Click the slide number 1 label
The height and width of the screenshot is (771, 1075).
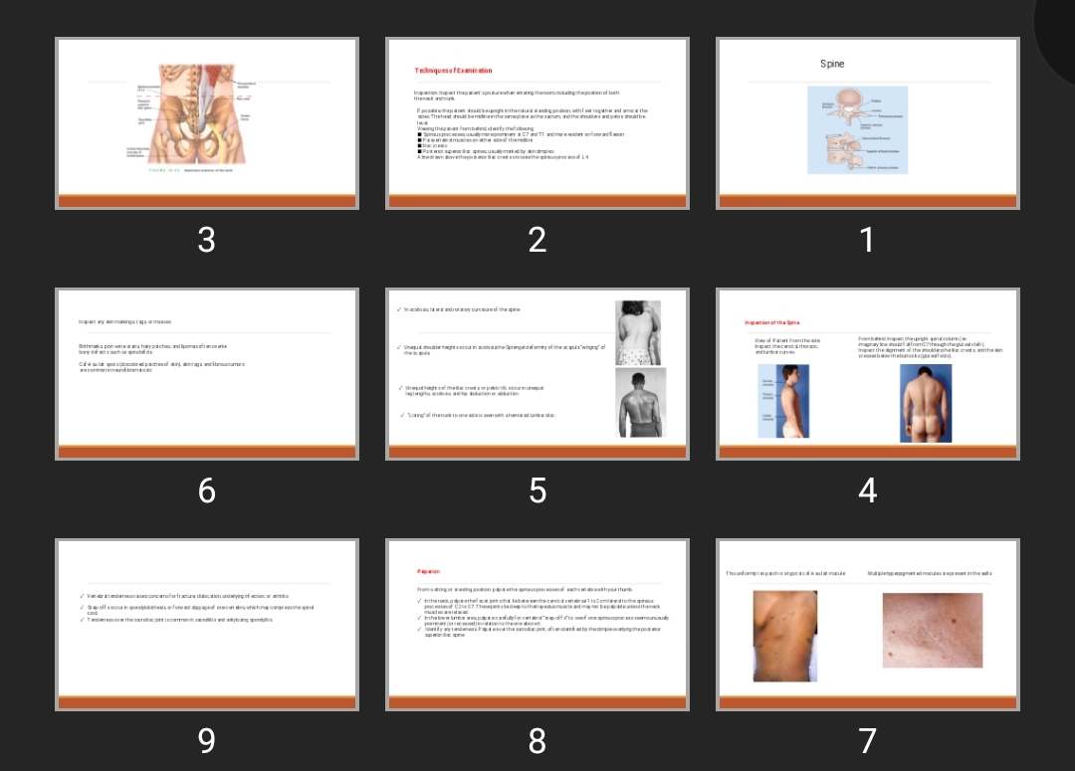click(x=867, y=240)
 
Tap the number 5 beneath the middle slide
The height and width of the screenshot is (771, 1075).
click(x=537, y=490)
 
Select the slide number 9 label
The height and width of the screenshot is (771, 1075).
click(x=206, y=741)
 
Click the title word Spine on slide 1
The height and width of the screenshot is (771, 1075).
click(x=832, y=64)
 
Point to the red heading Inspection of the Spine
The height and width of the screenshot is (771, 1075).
click(x=772, y=322)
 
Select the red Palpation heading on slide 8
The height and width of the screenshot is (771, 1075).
click(x=428, y=572)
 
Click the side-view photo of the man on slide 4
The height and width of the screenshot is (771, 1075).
click(x=784, y=401)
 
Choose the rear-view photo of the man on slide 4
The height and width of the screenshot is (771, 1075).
click(x=926, y=403)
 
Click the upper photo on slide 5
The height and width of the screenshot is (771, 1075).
click(x=638, y=332)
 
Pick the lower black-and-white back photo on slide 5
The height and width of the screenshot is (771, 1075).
click(x=640, y=402)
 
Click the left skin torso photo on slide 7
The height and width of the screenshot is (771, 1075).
click(x=785, y=635)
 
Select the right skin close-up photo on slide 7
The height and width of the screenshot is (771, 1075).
click(x=932, y=631)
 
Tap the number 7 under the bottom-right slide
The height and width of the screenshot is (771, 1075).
click(x=867, y=741)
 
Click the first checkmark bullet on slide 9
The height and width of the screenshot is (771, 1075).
click(x=82, y=596)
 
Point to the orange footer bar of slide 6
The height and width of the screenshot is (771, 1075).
click(x=206, y=453)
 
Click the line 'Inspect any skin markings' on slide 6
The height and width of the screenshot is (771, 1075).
click(x=125, y=321)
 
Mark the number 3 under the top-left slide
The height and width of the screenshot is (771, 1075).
click(x=206, y=240)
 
